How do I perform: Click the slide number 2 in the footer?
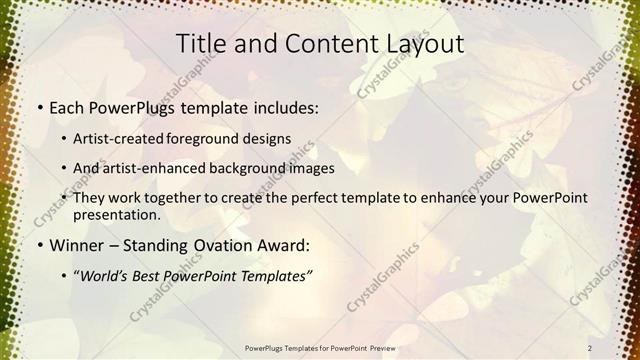point(590,347)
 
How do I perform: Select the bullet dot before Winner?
point(39,244)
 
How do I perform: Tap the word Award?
point(285,244)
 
